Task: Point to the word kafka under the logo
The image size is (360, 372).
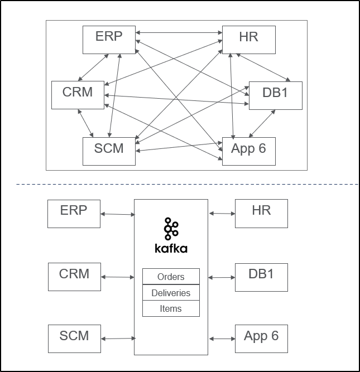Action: [171, 248]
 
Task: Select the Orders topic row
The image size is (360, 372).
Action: [171, 277]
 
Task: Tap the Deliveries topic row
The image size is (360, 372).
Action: [171, 293]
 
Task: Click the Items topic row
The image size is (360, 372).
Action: [171, 308]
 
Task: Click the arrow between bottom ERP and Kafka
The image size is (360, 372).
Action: [117, 214]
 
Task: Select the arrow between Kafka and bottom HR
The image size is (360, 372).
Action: [222, 213]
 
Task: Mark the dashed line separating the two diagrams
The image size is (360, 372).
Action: [179, 184]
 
